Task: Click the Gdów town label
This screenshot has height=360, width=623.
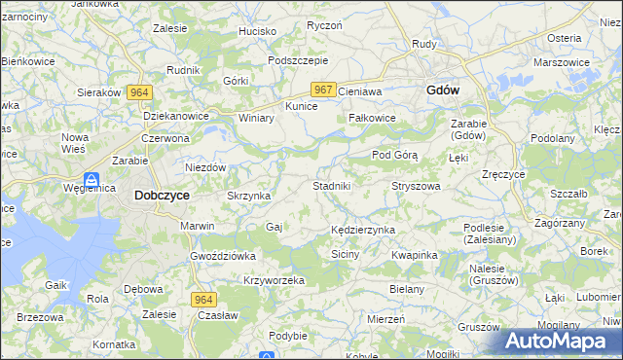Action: pyautogui.click(x=443, y=90)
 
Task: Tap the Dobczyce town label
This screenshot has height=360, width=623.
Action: pyautogui.click(x=161, y=195)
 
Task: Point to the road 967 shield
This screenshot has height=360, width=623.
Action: pyautogui.click(x=324, y=90)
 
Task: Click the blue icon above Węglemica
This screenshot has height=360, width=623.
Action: pyautogui.click(x=91, y=180)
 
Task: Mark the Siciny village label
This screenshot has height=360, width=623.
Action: pyautogui.click(x=346, y=254)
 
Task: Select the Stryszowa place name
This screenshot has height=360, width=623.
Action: pyautogui.click(x=416, y=185)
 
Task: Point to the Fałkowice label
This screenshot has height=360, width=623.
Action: pyautogui.click(x=372, y=118)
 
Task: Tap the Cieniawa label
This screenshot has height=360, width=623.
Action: pyautogui.click(x=361, y=90)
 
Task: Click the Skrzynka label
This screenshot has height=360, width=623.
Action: pyautogui.click(x=247, y=196)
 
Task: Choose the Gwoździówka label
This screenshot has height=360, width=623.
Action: pyautogui.click(x=223, y=256)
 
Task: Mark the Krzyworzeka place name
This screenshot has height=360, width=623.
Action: pyautogui.click(x=275, y=280)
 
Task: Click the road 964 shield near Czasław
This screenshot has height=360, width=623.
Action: pyautogui.click(x=202, y=300)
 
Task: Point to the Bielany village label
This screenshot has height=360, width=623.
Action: pyautogui.click(x=407, y=289)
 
